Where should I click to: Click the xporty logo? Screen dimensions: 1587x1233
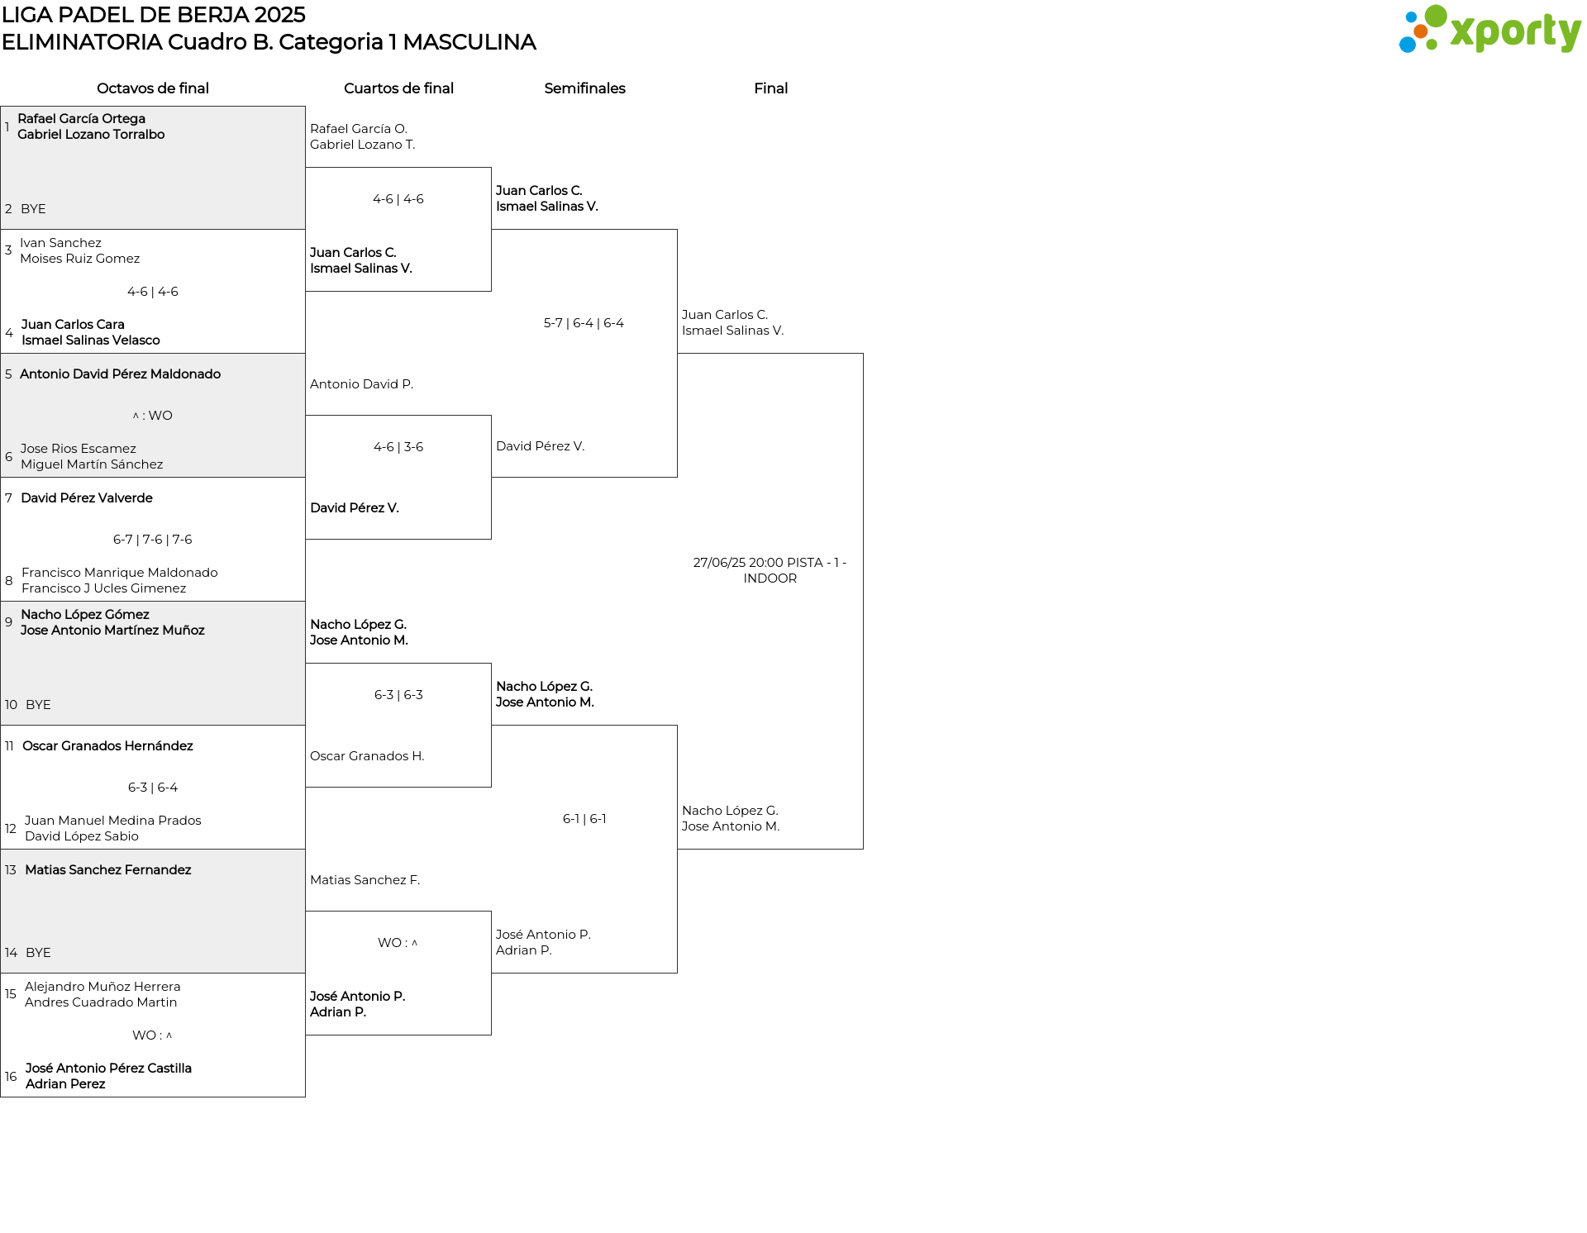click(1489, 30)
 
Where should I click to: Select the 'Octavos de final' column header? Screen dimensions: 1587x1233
click(153, 88)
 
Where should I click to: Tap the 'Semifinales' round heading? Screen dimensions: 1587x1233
click(584, 88)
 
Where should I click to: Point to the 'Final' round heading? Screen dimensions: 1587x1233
click(770, 88)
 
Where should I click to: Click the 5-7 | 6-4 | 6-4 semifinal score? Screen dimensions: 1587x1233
click(584, 323)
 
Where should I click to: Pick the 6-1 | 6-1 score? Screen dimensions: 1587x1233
click(584, 819)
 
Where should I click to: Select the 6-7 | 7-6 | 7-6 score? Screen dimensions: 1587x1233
click(153, 540)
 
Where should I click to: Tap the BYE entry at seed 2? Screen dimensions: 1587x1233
click(33, 209)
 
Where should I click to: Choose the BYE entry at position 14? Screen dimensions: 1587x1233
click(38, 953)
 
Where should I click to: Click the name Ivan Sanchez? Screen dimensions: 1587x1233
click(60, 243)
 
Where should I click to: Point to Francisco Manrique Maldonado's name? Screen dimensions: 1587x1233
click(120, 573)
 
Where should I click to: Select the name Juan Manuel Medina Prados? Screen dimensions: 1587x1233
click(113, 821)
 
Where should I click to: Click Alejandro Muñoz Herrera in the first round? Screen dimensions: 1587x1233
click(102, 987)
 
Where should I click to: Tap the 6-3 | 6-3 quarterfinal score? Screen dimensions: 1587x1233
click(398, 695)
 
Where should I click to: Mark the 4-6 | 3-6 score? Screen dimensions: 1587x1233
click(398, 447)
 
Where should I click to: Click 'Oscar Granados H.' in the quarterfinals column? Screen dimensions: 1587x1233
click(367, 756)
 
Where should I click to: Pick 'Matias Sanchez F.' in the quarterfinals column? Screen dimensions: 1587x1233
click(365, 880)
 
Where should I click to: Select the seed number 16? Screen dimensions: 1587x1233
click(11, 1077)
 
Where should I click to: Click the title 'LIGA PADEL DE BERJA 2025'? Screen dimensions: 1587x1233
click(154, 15)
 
